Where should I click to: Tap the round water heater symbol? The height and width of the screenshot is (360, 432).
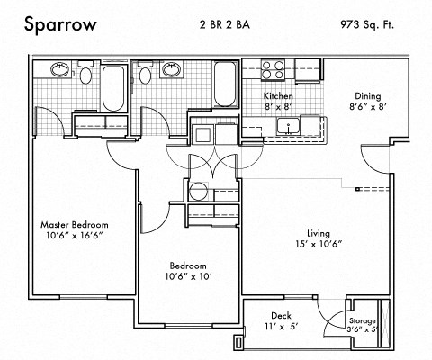tap(198, 191)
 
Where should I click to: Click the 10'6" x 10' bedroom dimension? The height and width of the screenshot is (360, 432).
tap(189, 278)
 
